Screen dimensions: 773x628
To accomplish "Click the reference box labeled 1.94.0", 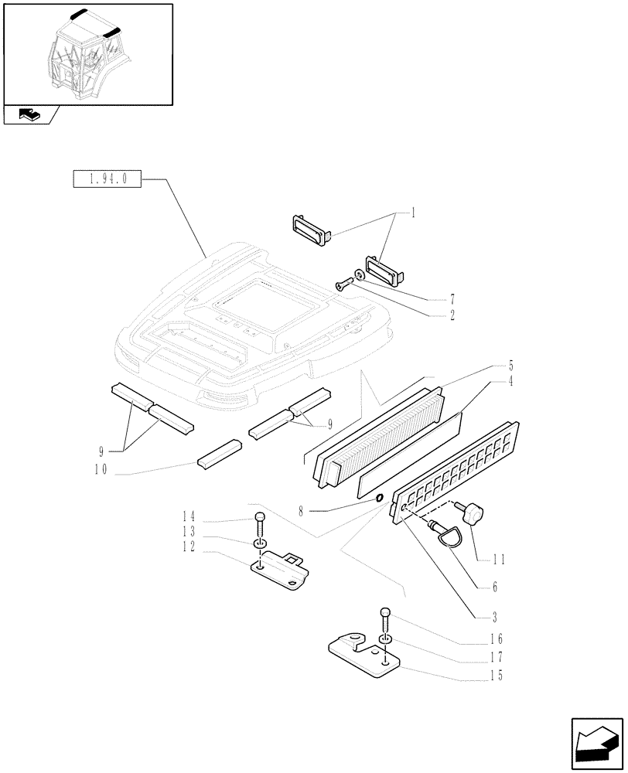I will (106, 179).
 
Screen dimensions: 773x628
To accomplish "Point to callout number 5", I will (510, 366).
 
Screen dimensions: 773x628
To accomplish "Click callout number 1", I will (414, 213).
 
